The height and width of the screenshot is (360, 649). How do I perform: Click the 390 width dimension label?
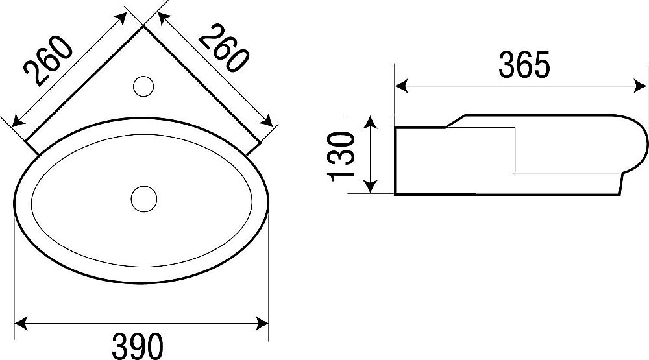pos(138,346)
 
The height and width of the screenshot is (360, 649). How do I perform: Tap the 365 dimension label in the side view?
pos(524,65)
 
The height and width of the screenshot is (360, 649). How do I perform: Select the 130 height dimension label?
pos(341,157)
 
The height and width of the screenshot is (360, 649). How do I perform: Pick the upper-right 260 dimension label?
pos(224,47)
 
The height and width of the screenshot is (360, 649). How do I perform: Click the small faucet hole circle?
pos(143,86)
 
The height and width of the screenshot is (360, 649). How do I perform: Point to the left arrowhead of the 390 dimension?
pos(21,323)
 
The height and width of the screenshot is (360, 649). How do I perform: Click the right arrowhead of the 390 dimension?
pos(262,323)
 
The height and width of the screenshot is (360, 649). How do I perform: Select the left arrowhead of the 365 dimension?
pos(401,87)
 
